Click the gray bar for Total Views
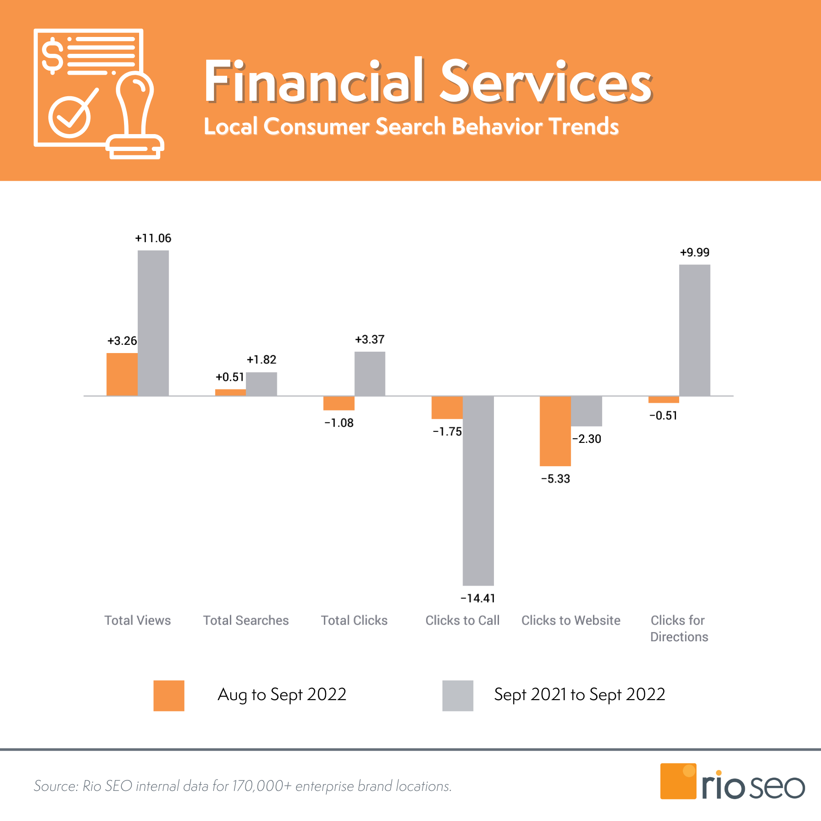(153, 323)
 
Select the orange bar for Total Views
(122, 374)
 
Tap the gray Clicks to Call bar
(478, 490)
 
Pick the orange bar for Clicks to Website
(555, 431)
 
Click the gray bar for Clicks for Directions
(694, 330)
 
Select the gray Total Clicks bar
(369, 374)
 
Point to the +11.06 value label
(153, 238)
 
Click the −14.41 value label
(478, 598)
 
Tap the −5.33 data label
(555, 478)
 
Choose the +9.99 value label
(694, 252)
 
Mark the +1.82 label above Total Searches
(261, 359)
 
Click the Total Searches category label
(246, 620)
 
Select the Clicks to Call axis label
(462, 620)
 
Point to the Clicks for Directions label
(679, 628)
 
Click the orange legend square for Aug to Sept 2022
(169, 696)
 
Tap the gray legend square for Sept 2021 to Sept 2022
(457, 696)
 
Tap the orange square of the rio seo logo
(678, 781)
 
